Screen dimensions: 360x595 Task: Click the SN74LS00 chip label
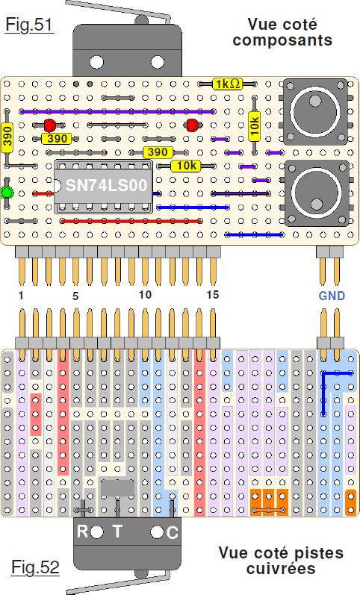pyautogui.click(x=106, y=185)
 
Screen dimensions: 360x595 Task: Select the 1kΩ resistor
pyautogui.click(x=227, y=84)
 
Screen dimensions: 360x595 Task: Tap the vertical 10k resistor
pyautogui.click(x=255, y=125)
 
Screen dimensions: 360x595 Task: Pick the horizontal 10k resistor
pyautogui.click(x=186, y=166)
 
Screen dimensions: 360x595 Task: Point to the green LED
pyautogui.click(x=7, y=193)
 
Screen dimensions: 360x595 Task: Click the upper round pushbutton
pyautogui.click(x=314, y=111)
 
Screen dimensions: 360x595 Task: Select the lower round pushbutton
pyautogui.click(x=317, y=193)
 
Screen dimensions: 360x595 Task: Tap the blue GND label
pyautogui.click(x=332, y=296)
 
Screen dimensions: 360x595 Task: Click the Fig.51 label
pyautogui.click(x=29, y=25)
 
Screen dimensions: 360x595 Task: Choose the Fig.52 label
pyautogui.click(x=35, y=567)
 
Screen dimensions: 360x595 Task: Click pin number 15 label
pyautogui.click(x=213, y=294)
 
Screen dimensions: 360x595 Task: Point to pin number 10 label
pyautogui.click(x=145, y=294)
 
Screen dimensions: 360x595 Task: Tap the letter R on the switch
pyautogui.click(x=82, y=532)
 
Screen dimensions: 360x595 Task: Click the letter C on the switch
pyautogui.click(x=172, y=533)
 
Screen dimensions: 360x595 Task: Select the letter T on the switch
pyautogui.click(x=118, y=531)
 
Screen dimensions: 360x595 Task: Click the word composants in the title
pyautogui.click(x=282, y=41)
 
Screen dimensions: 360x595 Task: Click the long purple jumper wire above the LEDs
pyautogui.click(x=117, y=111)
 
